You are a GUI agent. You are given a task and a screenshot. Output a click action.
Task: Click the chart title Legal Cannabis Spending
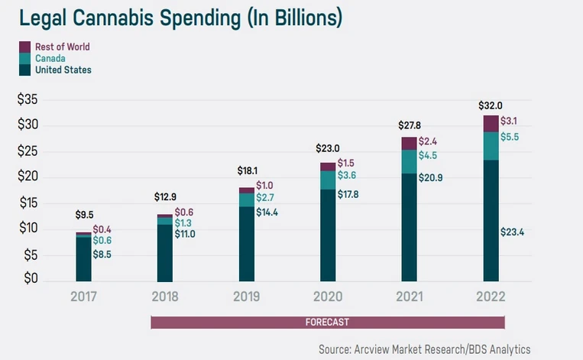(x=164, y=16)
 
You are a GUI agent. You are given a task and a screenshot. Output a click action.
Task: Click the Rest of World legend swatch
(x=24, y=47)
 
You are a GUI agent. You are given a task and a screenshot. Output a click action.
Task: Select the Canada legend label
(x=50, y=58)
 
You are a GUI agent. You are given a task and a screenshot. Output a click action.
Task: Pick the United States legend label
(x=63, y=70)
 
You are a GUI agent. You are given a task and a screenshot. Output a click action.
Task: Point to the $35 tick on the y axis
(x=28, y=99)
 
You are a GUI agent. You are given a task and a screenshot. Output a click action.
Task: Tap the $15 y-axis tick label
(x=28, y=203)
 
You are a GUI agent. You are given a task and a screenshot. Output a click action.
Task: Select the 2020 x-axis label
(x=327, y=297)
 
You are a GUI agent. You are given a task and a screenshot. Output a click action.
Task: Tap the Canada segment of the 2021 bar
(x=408, y=161)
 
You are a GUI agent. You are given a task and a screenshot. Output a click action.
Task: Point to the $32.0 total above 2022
(x=491, y=105)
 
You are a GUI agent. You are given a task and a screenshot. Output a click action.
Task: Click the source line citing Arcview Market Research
(x=424, y=348)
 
